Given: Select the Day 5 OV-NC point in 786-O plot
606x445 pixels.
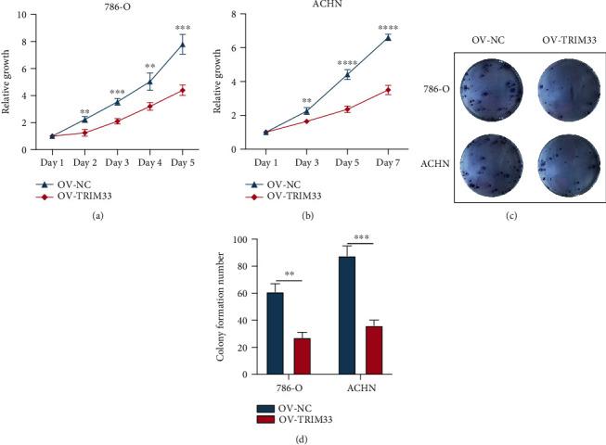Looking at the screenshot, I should tap(183, 44).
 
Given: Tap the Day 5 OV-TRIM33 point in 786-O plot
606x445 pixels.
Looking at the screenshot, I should tap(183, 90).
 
